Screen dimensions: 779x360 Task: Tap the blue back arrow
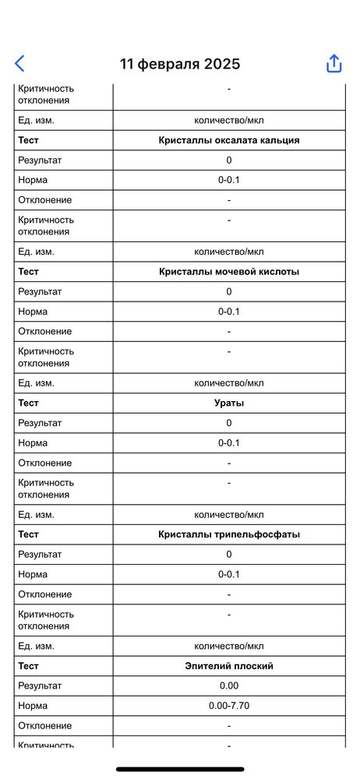(19, 64)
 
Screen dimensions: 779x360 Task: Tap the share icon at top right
(334, 64)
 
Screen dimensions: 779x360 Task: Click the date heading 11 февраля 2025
(180, 64)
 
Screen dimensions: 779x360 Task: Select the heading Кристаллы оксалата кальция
(229, 140)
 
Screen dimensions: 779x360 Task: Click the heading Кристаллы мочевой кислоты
(229, 272)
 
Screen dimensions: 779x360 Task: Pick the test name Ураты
(229, 403)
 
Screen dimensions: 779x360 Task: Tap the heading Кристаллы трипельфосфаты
(229, 534)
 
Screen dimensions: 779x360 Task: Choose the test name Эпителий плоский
(229, 666)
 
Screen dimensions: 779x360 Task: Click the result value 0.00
(229, 686)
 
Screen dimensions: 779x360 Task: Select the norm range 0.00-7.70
(229, 706)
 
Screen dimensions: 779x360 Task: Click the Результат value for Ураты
(229, 423)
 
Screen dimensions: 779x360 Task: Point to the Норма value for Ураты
(229, 443)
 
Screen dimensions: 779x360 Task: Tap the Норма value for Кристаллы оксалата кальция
(229, 180)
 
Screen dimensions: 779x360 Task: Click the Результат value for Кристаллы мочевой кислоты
(229, 291)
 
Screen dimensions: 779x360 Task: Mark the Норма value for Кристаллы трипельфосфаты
(229, 574)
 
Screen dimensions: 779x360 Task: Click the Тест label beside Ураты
(28, 403)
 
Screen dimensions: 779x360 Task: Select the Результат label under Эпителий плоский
(40, 686)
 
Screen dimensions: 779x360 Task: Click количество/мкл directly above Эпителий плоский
(229, 646)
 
